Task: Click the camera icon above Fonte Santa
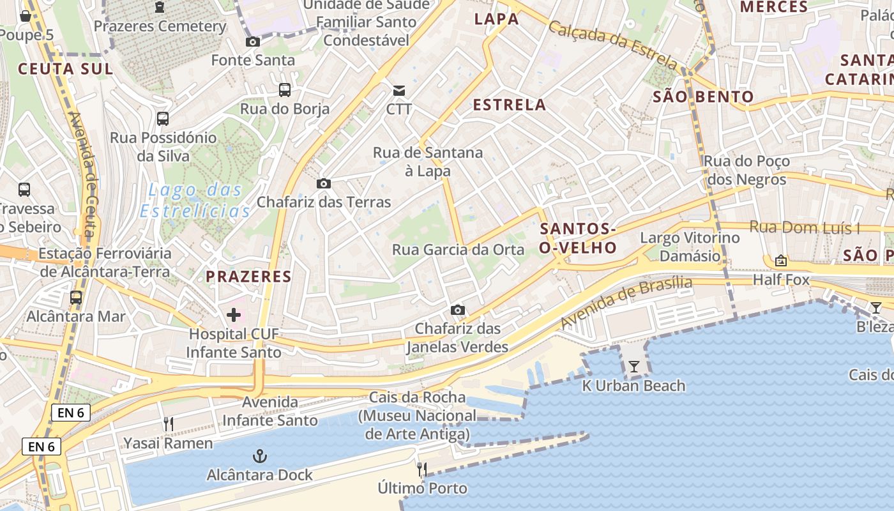pyautogui.click(x=253, y=42)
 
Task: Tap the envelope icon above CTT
pyautogui.click(x=399, y=91)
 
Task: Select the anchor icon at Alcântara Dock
pyautogui.click(x=260, y=456)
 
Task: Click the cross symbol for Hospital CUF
pyautogui.click(x=234, y=314)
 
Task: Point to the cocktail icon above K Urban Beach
pyautogui.click(x=633, y=367)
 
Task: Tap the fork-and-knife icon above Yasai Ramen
pyautogui.click(x=169, y=423)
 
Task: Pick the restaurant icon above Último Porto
pyautogui.click(x=422, y=469)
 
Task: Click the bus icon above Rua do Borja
pyautogui.click(x=285, y=90)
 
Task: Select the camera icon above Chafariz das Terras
pyautogui.click(x=324, y=184)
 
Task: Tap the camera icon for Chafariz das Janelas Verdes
pyautogui.click(x=457, y=310)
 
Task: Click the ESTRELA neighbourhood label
pyautogui.click(x=510, y=105)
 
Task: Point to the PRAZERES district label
pyautogui.click(x=248, y=277)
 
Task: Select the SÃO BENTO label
pyautogui.click(x=703, y=97)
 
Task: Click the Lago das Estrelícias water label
pyautogui.click(x=195, y=200)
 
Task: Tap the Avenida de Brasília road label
pyautogui.click(x=626, y=303)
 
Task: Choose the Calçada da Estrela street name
pyautogui.click(x=612, y=45)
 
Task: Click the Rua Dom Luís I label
pyautogui.click(x=805, y=227)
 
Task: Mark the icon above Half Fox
pyautogui.click(x=780, y=261)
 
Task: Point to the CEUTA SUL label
pyautogui.click(x=65, y=69)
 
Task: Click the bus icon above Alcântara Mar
pyautogui.click(x=76, y=298)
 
